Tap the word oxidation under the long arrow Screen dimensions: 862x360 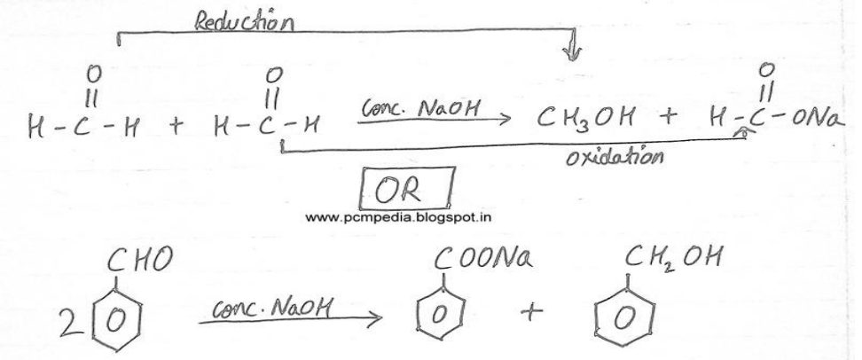614,158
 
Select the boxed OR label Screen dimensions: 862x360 407,189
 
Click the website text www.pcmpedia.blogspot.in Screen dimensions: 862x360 398,217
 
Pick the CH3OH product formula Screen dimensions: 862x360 586,118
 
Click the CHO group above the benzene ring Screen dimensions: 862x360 139,260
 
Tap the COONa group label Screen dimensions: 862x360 482,258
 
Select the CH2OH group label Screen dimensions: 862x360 672,258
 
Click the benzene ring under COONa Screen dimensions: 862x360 441,313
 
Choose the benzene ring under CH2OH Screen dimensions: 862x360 625,316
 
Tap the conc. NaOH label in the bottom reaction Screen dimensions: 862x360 271,309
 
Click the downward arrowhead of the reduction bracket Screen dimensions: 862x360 572,52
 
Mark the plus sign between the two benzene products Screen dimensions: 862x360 531,312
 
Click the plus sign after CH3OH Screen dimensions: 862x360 669,117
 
